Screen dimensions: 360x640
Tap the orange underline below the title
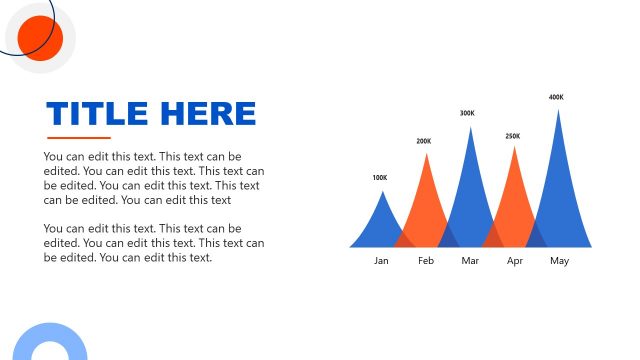(x=79, y=138)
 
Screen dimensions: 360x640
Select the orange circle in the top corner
(x=41, y=38)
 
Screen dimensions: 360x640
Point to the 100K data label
(x=379, y=178)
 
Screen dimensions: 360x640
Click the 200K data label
(x=424, y=141)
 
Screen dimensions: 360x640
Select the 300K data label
(x=467, y=113)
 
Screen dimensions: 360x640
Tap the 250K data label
(x=513, y=136)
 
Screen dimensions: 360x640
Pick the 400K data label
(x=556, y=97)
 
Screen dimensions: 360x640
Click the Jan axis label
(x=381, y=261)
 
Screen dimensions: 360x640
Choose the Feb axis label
(x=426, y=261)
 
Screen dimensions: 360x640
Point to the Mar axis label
(x=471, y=261)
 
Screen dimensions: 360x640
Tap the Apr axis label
(x=515, y=261)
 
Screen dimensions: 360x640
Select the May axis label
(x=559, y=261)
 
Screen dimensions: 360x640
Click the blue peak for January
(x=380, y=225)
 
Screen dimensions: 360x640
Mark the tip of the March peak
(x=470, y=129)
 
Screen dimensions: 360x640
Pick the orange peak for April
(x=514, y=200)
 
